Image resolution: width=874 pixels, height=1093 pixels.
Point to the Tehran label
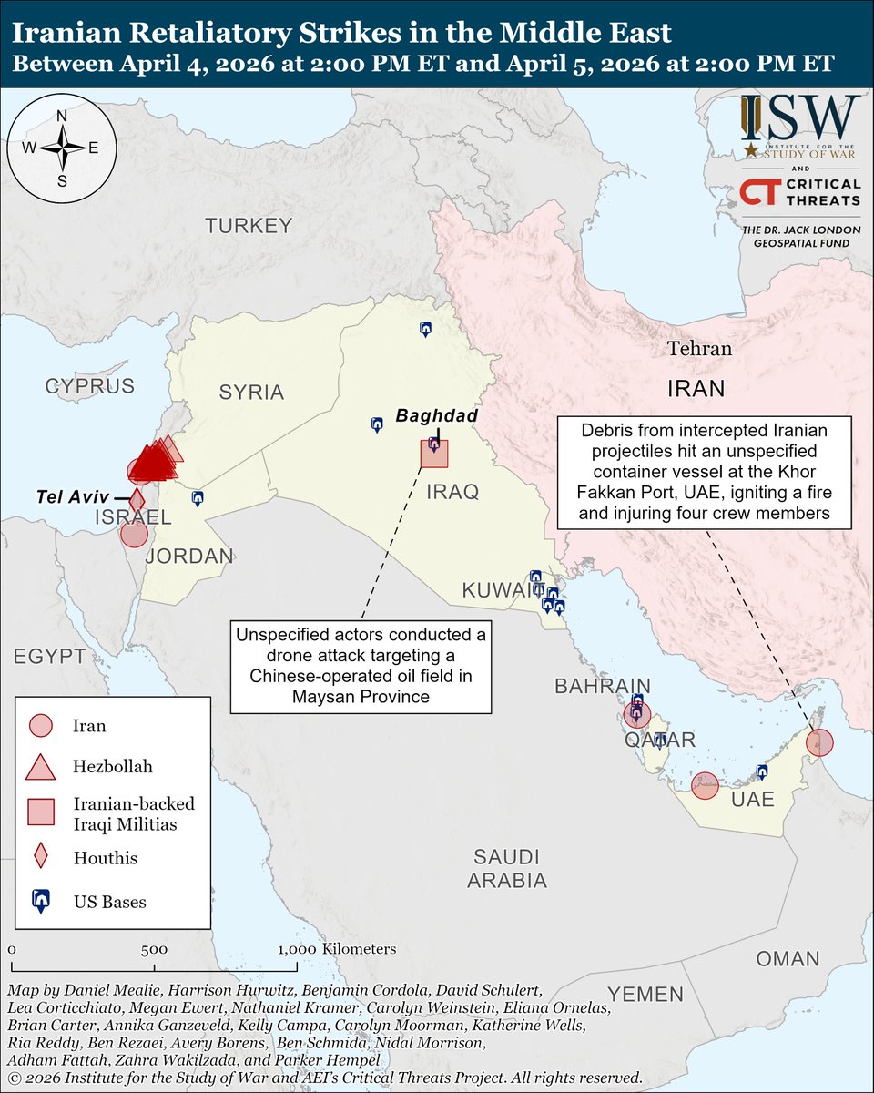(698, 348)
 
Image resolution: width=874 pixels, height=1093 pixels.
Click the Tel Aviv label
(72, 496)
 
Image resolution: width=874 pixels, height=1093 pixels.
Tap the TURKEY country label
(248, 226)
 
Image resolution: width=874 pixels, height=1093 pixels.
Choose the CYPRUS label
(90, 385)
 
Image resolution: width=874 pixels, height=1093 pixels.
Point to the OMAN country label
(787, 959)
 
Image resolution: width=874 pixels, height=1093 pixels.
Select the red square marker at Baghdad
(434, 453)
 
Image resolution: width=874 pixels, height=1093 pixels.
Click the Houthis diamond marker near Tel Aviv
(137, 500)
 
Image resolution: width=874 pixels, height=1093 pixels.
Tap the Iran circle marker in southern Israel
(134, 534)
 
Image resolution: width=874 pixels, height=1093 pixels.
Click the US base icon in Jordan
(198, 498)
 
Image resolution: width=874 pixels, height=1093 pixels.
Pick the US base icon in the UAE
(763, 772)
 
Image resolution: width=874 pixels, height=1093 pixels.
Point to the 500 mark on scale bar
(153, 949)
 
